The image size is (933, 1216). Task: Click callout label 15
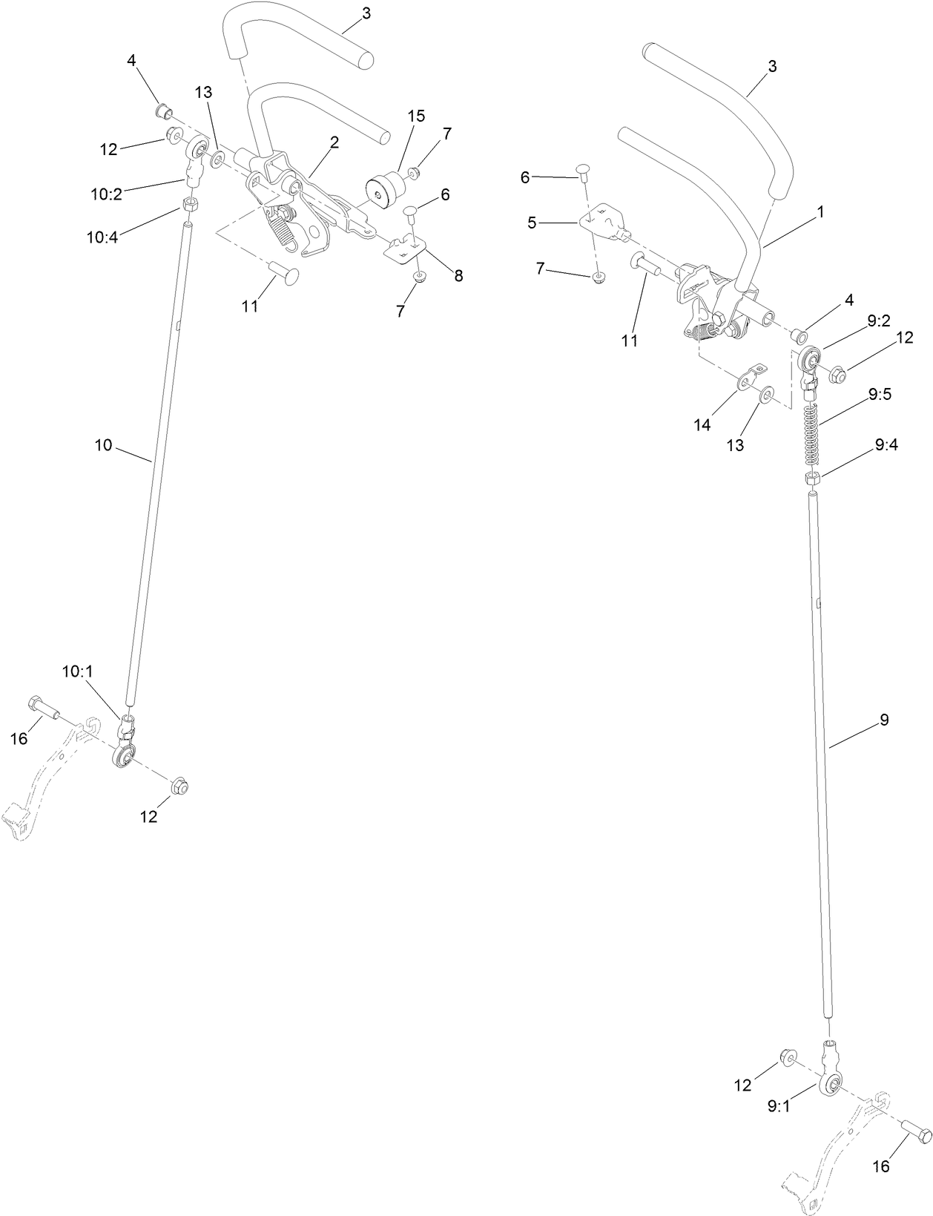tap(416, 116)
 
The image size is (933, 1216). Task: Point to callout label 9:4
tap(886, 445)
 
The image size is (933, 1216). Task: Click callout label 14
tap(702, 425)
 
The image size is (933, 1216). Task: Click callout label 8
tap(458, 275)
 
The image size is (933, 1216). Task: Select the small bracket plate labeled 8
tap(405, 249)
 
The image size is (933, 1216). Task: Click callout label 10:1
tap(77, 671)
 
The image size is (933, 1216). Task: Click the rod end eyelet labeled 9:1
tap(831, 1086)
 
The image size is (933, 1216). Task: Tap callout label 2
tap(334, 142)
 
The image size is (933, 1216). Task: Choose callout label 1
tap(820, 211)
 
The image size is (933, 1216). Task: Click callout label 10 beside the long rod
tap(103, 444)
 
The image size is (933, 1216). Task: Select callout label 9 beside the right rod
tap(883, 719)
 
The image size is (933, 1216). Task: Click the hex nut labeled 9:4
tap(811, 479)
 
